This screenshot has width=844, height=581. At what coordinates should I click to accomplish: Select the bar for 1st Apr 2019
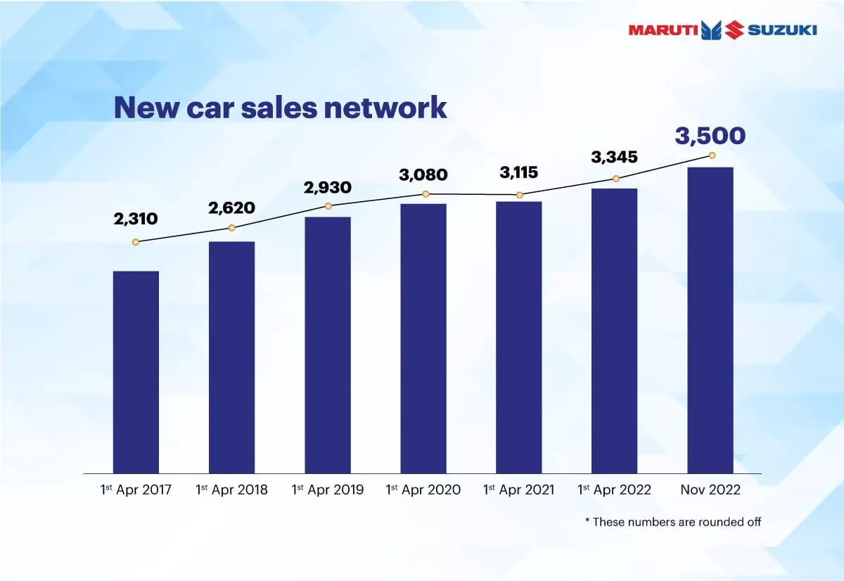(328, 345)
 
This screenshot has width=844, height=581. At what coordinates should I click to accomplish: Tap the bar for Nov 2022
(710, 320)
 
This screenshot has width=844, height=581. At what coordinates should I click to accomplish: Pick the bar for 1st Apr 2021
(519, 337)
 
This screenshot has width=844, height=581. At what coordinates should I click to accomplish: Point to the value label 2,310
(136, 219)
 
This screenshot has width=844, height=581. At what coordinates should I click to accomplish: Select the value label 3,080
(423, 174)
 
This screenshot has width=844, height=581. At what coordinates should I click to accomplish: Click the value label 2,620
(231, 207)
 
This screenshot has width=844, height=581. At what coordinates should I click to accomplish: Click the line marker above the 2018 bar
(231, 228)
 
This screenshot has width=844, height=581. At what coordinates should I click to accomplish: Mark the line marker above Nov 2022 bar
(712, 155)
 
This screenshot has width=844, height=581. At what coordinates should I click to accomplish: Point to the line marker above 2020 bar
(426, 194)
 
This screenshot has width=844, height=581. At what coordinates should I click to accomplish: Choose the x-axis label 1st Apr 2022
(614, 490)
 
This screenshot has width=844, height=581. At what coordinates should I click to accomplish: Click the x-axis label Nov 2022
(710, 490)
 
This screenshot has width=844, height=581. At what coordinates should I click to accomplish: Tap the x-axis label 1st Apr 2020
(423, 490)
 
